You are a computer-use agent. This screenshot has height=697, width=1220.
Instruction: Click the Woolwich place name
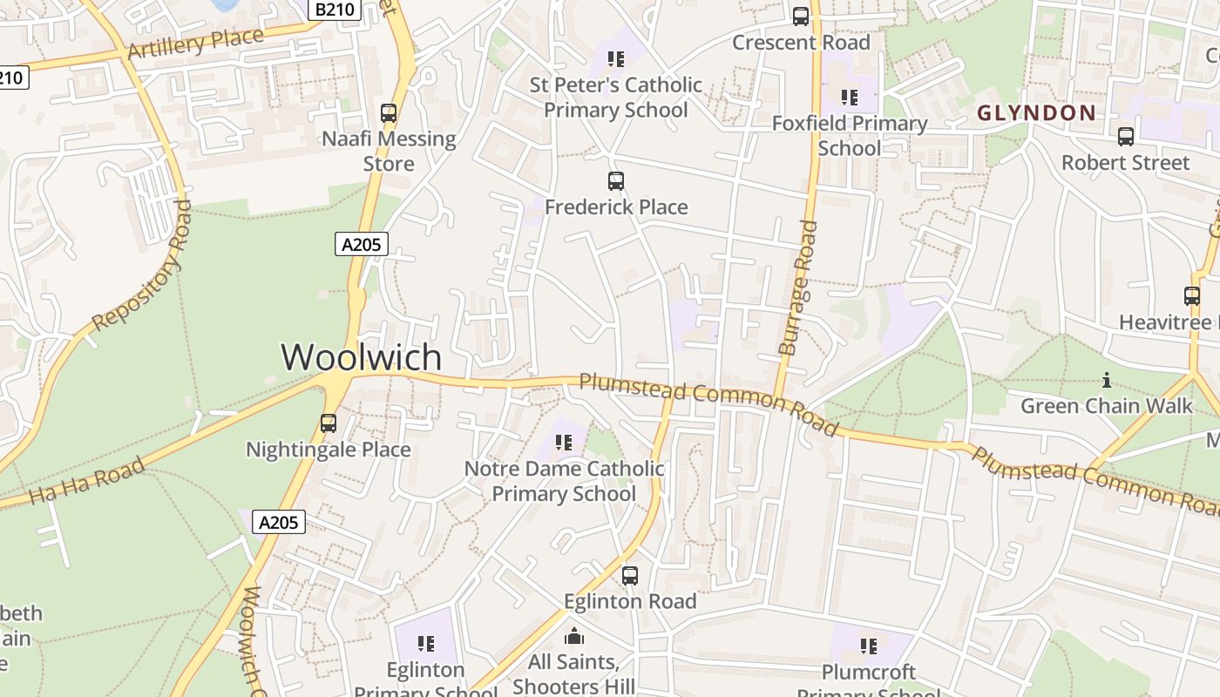[361, 357]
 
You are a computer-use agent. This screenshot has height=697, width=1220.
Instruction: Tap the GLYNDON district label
[1036, 112]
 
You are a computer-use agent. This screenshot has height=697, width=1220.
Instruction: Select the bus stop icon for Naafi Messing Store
[389, 113]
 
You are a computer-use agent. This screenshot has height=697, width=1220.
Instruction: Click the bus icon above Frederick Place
[616, 181]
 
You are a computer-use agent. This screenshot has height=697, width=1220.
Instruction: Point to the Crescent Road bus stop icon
[800, 17]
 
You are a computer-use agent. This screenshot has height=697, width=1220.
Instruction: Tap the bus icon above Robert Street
[1126, 137]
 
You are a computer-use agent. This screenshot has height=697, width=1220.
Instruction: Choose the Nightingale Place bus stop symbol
[329, 423]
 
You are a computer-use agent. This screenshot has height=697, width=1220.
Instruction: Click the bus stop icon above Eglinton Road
[629, 575]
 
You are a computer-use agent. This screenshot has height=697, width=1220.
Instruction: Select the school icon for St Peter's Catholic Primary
[616, 59]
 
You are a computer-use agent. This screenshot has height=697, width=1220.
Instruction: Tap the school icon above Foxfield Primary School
[849, 98]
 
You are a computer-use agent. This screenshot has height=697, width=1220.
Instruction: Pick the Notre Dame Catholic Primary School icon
[564, 443]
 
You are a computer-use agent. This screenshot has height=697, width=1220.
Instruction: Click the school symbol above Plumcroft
[868, 646]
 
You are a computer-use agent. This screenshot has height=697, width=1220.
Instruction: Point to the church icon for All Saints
[574, 637]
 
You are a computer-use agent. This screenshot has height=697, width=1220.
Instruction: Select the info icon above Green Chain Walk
[1107, 380]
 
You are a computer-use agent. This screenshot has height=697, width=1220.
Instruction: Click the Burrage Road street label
[799, 288]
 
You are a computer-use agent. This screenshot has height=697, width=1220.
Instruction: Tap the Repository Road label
[142, 266]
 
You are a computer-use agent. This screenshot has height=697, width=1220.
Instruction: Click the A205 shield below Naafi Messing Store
[362, 244]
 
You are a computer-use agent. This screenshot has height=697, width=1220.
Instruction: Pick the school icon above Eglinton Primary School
[425, 644]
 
